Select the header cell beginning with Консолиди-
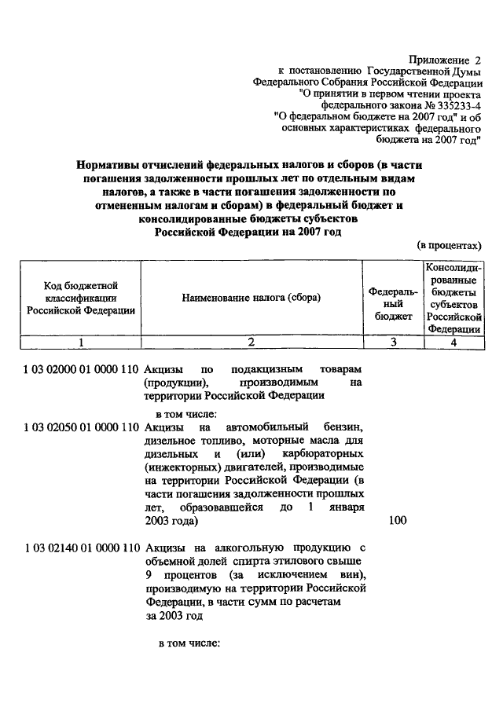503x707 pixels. click(453, 298)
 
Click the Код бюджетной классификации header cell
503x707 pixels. click(81, 298)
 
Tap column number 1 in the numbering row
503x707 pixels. click(81, 343)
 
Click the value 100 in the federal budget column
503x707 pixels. click(398, 520)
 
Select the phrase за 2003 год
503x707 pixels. click(174, 616)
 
